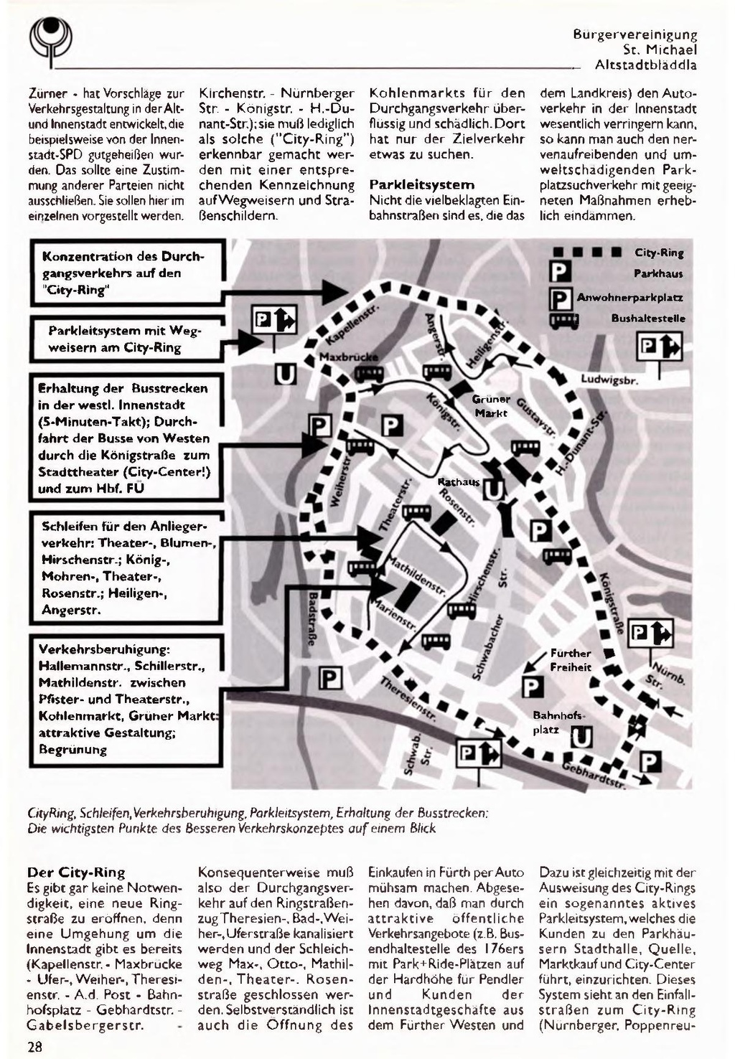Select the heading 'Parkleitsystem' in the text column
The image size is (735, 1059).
click(x=421, y=184)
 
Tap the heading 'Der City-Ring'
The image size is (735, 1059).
click(x=75, y=872)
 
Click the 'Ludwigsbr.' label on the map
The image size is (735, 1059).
click(x=609, y=379)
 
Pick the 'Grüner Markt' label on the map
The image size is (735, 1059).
click(x=491, y=405)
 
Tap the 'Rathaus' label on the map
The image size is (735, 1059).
click(x=459, y=481)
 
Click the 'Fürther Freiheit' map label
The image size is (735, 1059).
click(x=571, y=660)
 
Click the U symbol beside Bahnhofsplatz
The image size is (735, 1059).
click(x=581, y=737)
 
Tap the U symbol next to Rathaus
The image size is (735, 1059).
click(x=494, y=489)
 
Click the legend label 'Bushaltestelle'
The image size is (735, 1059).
click(x=648, y=318)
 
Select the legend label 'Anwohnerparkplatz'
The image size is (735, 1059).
click(x=629, y=297)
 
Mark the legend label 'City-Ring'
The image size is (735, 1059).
click(x=659, y=253)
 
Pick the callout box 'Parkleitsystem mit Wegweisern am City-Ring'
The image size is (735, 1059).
click(x=126, y=339)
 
